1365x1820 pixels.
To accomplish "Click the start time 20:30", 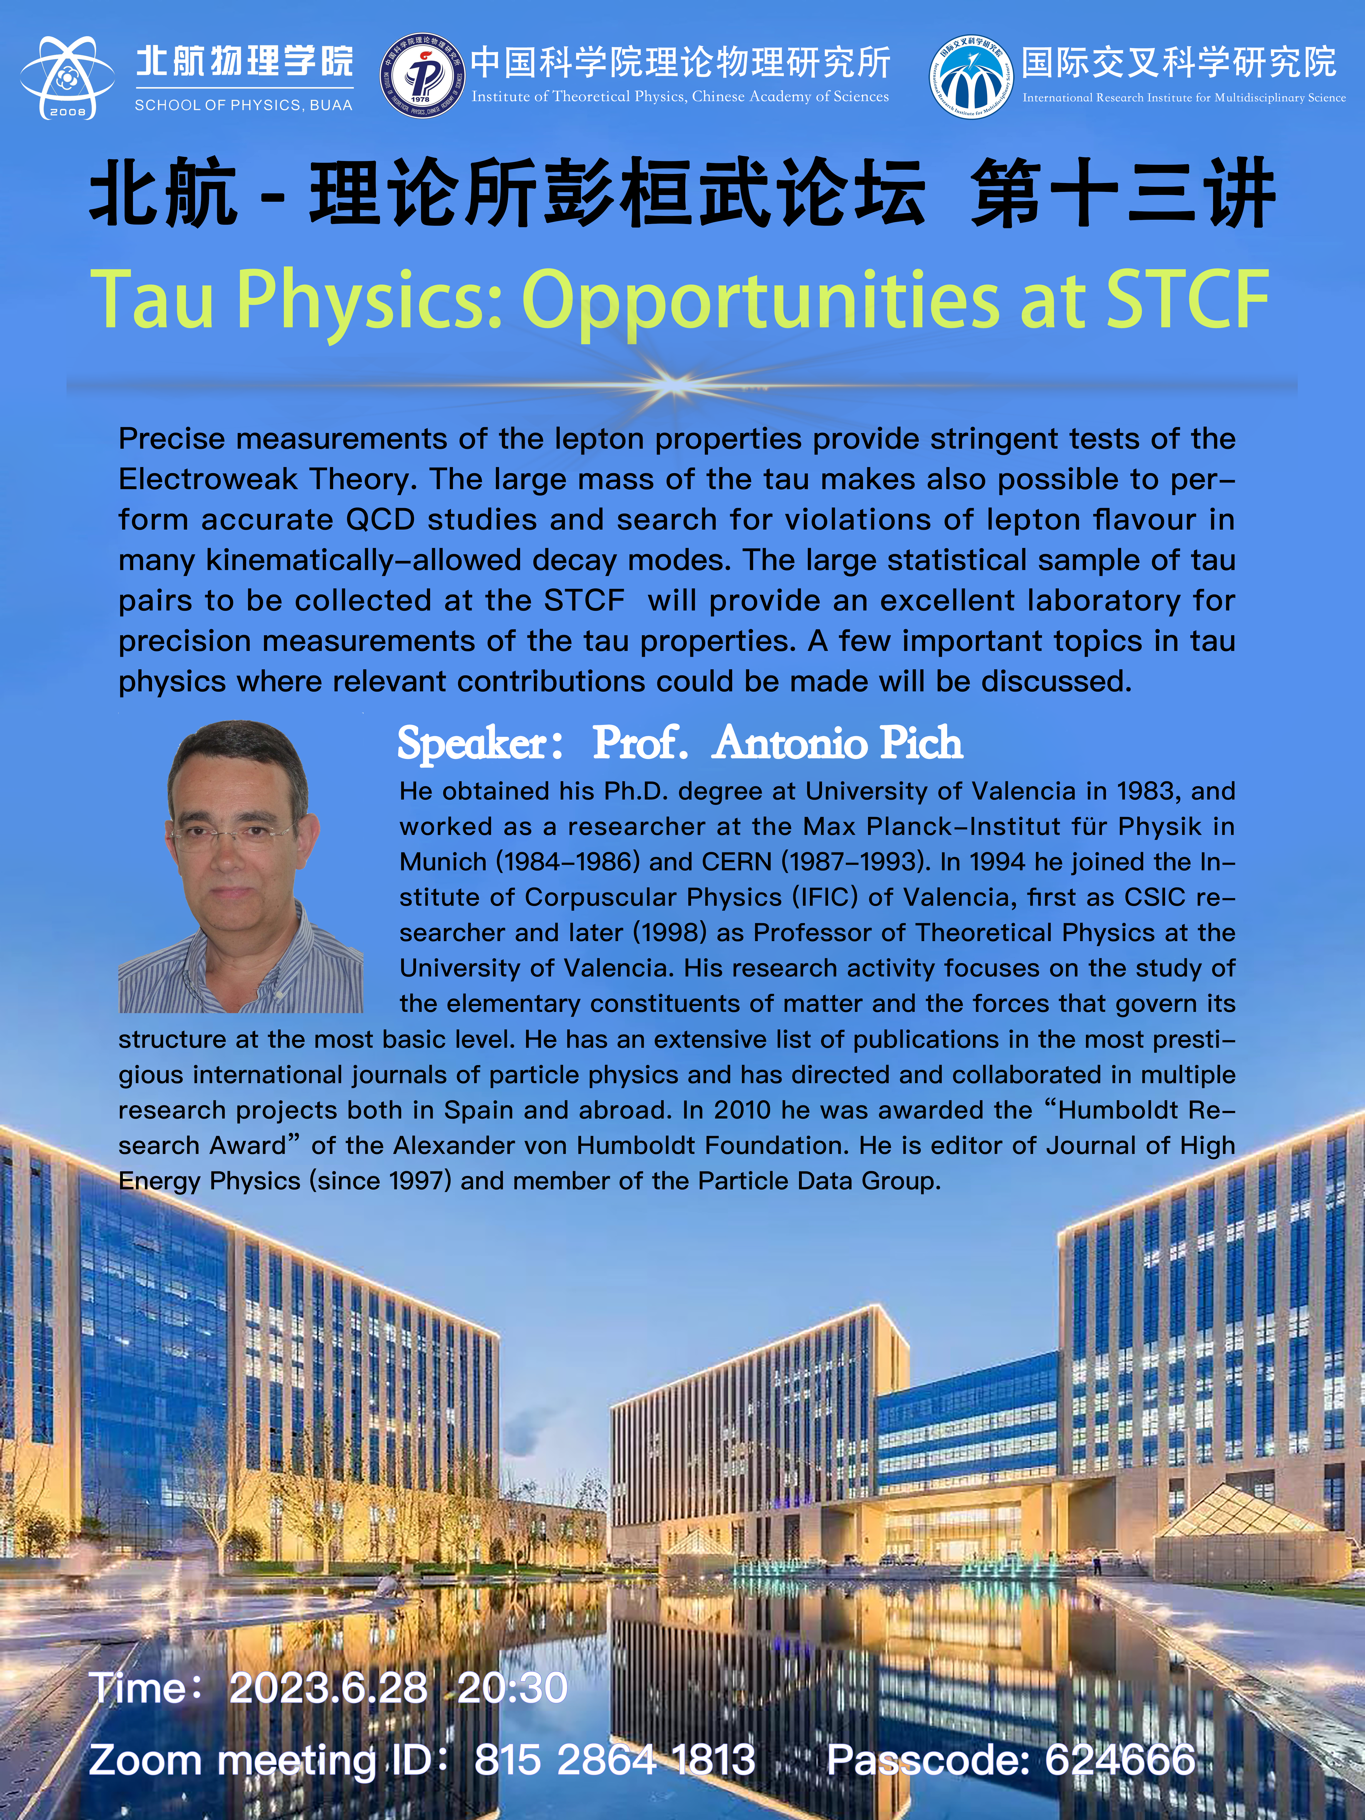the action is [512, 1688].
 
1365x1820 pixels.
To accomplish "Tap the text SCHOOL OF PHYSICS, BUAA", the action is [243, 105].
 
